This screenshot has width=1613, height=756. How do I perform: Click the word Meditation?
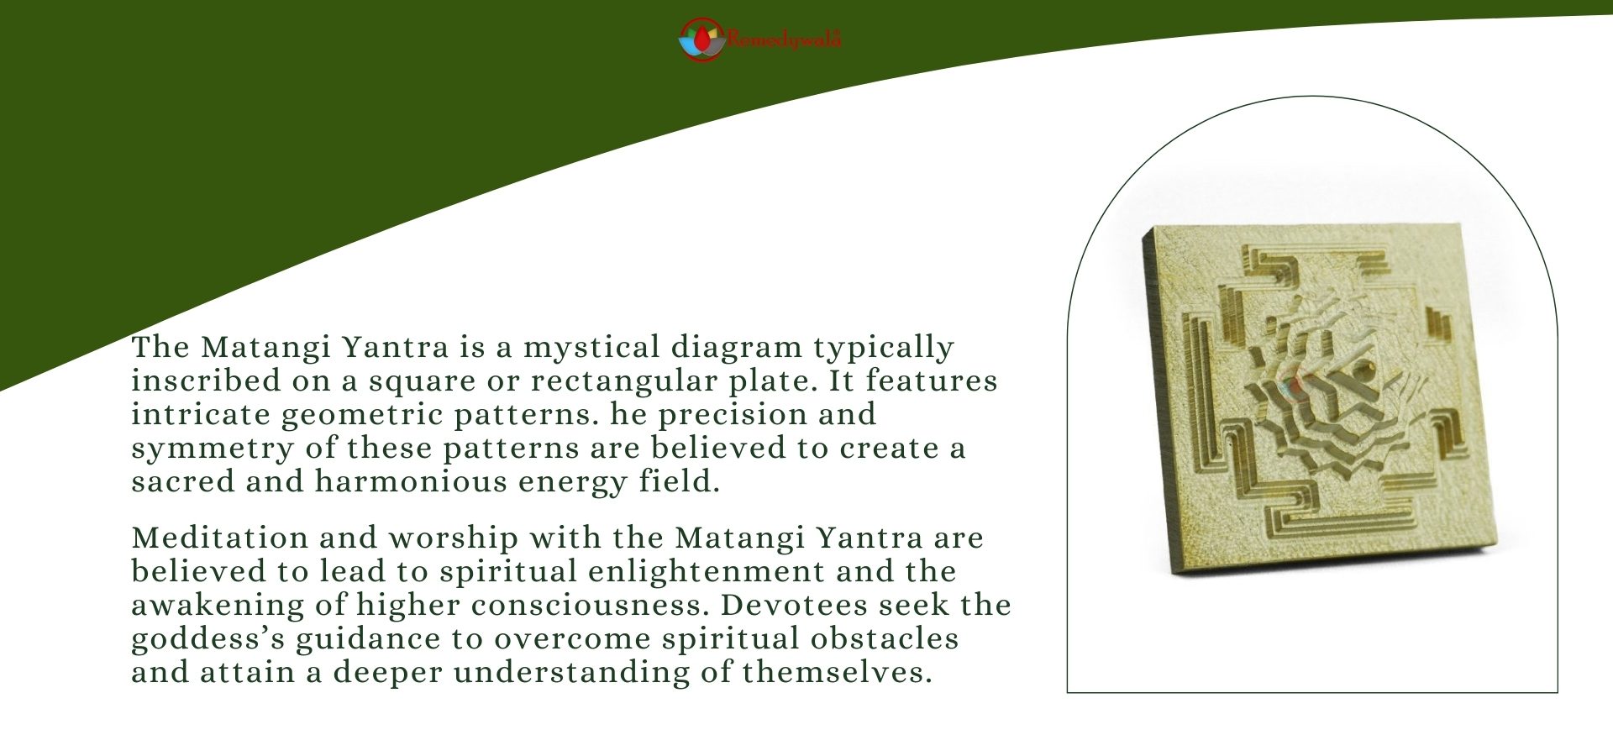(x=219, y=538)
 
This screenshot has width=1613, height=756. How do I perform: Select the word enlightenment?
(x=706, y=571)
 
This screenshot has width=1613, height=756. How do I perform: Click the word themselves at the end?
(x=837, y=672)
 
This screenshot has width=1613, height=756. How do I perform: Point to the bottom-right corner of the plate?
(x=1490, y=547)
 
